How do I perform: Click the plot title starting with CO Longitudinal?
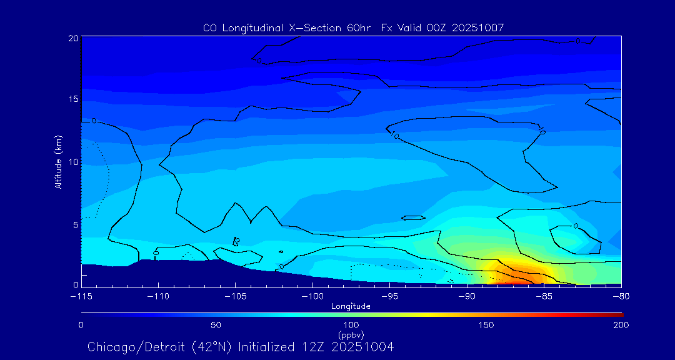(353, 28)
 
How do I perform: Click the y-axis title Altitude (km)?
(59, 162)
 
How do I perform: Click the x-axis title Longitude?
(351, 306)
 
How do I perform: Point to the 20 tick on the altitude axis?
(72, 38)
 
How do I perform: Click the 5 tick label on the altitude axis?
(74, 224)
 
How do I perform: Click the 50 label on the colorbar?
(216, 326)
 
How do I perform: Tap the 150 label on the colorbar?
(486, 326)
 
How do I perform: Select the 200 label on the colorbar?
(621, 326)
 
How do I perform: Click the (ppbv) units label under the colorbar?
(351, 334)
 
